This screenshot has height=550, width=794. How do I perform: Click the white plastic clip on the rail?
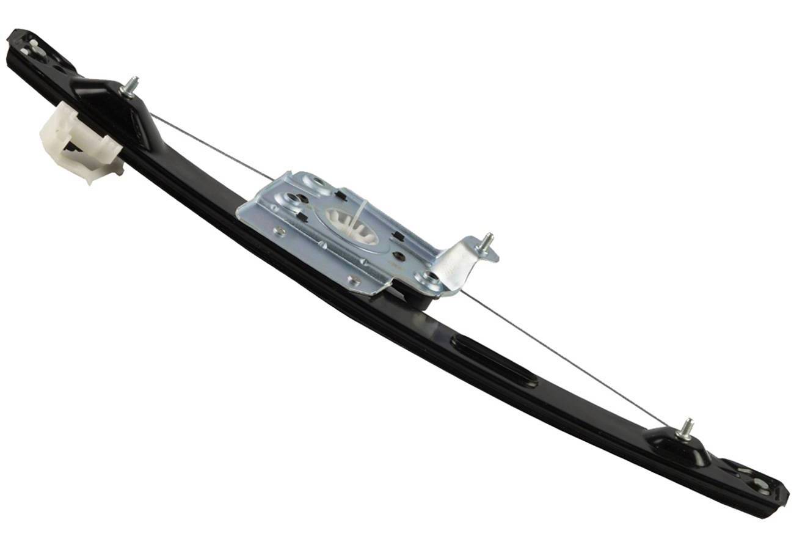click(76, 142)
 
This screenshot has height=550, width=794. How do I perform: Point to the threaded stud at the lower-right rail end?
click(686, 429)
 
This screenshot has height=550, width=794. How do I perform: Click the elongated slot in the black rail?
click(494, 360)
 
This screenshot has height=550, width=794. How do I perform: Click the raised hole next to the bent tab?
click(429, 278)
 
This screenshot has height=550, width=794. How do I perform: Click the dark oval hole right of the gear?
click(399, 255)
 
